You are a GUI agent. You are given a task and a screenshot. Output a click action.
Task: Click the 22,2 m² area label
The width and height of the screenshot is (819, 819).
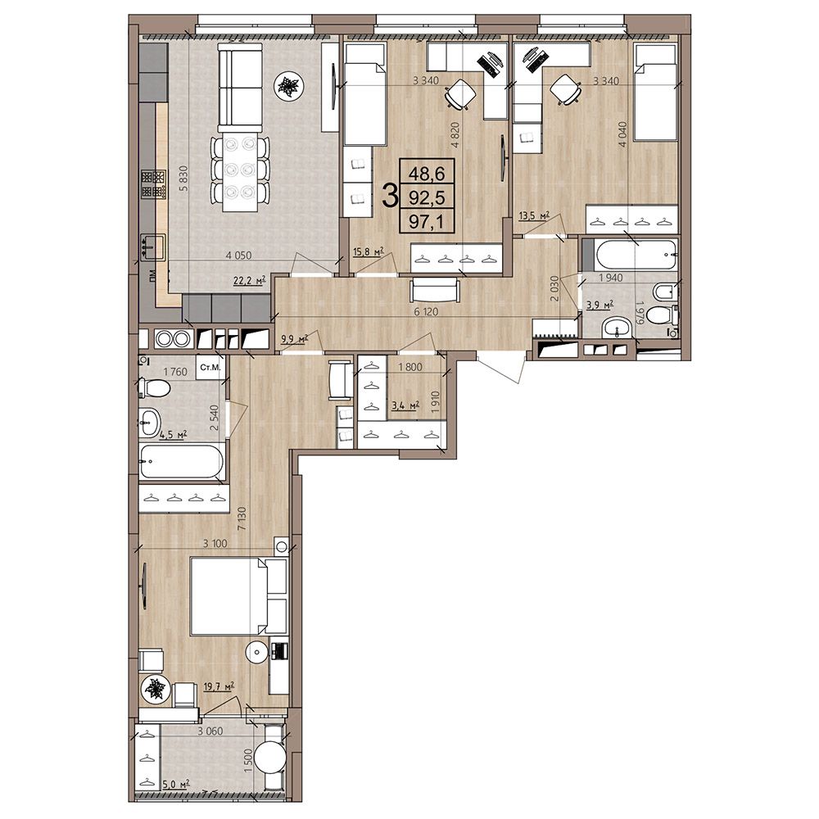[x=249, y=281]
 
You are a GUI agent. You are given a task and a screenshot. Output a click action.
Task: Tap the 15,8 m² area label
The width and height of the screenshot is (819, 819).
[x=369, y=251]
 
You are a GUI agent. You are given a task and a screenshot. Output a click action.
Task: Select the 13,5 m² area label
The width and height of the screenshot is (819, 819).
[x=534, y=215]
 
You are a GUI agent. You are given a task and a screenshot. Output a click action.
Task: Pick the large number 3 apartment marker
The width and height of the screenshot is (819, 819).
[x=389, y=196]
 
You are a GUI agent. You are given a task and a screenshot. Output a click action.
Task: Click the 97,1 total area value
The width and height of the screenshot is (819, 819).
[x=426, y=223]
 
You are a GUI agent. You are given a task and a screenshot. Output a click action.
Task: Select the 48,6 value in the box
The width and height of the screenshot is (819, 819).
[x=426, y=171]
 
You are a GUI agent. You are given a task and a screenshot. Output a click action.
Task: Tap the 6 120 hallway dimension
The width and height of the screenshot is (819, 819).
[x=426, y=312]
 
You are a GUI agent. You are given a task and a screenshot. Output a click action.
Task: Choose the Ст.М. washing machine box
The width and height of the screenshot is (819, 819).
[x=210, y=367]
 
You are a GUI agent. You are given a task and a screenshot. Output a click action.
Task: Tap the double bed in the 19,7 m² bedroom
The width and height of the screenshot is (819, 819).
[x=238, y=596]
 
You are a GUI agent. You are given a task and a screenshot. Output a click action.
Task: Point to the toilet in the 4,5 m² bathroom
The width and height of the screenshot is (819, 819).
[x=155, y=387]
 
